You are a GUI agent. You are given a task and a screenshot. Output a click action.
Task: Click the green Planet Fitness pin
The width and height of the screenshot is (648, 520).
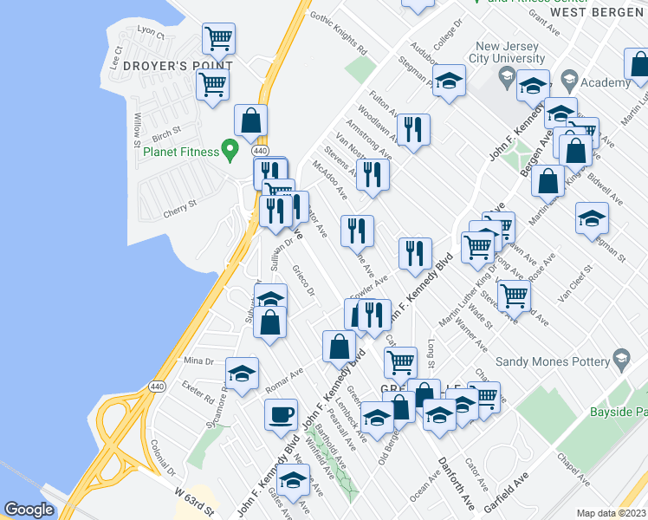point(230,150)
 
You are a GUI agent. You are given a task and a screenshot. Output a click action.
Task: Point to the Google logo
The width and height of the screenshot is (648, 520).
point(29,510)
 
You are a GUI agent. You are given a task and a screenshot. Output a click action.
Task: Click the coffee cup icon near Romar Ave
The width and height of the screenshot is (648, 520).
point(281,413)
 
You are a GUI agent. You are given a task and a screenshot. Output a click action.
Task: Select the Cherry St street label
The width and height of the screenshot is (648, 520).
point(180,205)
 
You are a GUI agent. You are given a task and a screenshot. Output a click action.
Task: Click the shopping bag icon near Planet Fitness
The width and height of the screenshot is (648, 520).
point(250,120)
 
